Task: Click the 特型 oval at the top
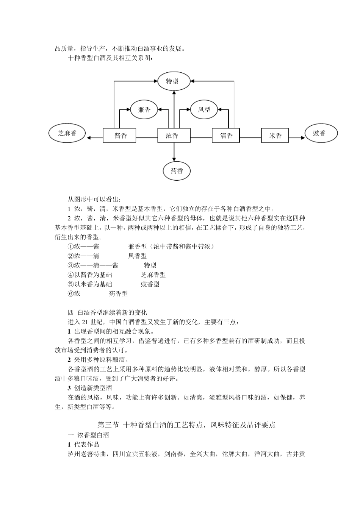tap(174, 81)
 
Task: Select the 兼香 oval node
tap(144, 110)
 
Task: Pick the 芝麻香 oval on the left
tap(67, 134)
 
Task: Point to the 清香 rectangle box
tap(226, 136)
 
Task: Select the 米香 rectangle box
tap(275, 136)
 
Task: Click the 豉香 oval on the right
tap(320, 134)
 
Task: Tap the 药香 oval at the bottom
tap(177, 171)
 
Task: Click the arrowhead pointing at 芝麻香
tap(89, 138)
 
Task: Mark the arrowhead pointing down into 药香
tap(174, 159)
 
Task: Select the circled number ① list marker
tap(70, 247)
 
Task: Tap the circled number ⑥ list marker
tap(70, 294)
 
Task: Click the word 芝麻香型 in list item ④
tap(153, 275)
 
